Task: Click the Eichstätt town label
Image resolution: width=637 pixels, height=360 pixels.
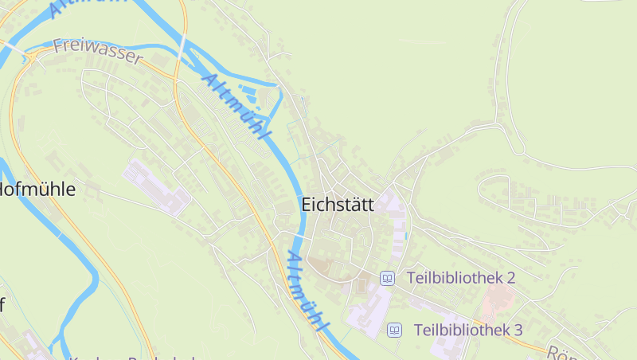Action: point(338,205)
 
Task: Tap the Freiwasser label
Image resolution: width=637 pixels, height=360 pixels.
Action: point(98,52)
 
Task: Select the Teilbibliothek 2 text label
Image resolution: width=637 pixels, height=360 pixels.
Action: point(461,278)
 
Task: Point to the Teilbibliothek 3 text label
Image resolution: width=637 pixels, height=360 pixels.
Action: point(467,330)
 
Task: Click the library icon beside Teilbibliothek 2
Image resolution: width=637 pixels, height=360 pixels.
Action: point(388,278)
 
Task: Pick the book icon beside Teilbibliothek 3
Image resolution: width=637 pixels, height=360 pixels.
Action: point(394,330)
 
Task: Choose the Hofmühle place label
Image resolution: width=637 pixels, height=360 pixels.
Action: point(38,190)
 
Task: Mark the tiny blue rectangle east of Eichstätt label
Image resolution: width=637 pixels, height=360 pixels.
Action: point(406,236)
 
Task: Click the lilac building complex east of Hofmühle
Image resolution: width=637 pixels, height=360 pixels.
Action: point(157,186)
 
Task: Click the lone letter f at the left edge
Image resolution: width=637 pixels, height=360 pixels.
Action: point(2,305)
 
